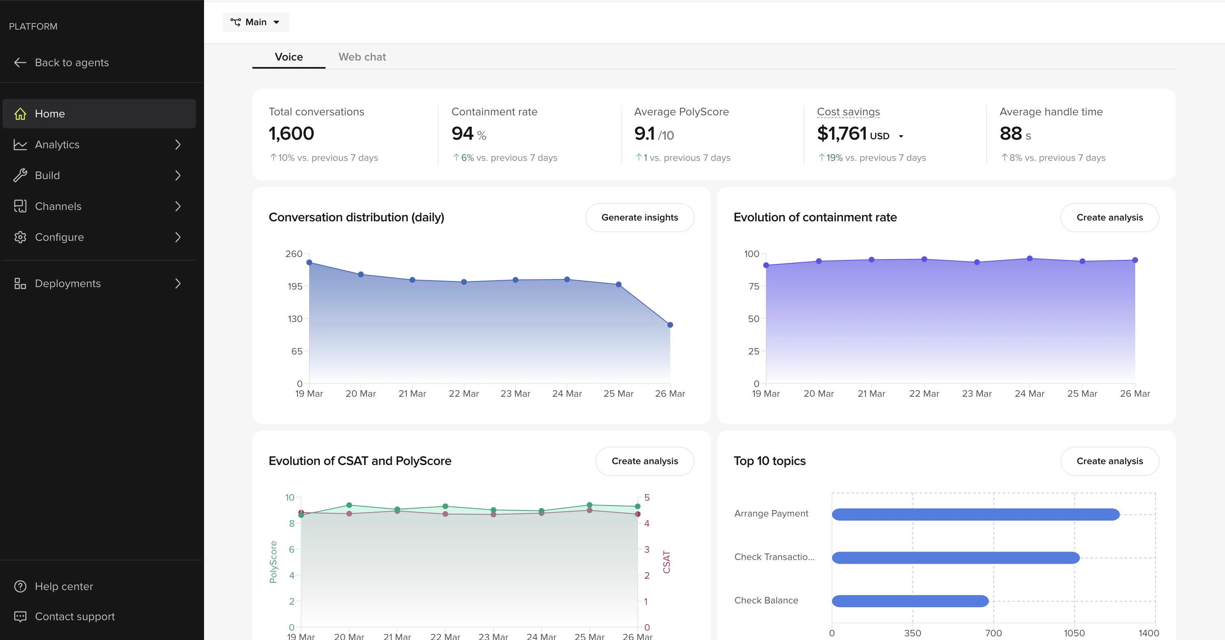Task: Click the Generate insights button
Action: coord(639,218)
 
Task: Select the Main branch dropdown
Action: coord(255,22)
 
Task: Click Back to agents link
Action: coord(72,63)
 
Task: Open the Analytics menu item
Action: coord(57,145)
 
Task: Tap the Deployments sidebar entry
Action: coord(67,283)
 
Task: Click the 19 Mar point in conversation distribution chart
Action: coord(309,262)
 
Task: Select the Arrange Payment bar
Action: coord(975,514)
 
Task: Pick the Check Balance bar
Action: coord(910,601)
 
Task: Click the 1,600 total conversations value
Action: coord(291,134)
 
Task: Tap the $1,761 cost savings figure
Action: coord(841,134)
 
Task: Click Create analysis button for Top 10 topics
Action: coord(1109,461)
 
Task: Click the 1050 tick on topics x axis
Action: coord(1074,633)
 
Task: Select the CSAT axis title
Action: coord(666,562)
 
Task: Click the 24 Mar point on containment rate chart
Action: coord(1029,258)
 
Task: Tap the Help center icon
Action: coord(20,586)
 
